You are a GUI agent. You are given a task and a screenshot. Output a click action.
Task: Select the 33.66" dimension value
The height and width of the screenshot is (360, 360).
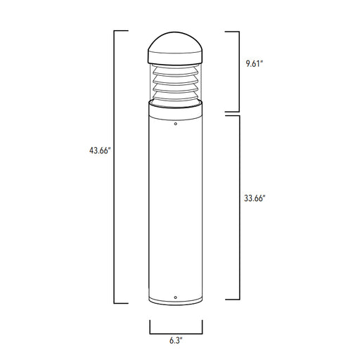255,198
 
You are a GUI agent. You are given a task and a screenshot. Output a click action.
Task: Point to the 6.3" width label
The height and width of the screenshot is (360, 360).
176,340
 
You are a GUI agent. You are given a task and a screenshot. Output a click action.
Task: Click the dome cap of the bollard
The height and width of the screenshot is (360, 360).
175,44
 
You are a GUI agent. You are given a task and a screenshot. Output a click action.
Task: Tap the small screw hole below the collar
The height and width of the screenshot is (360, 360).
175,124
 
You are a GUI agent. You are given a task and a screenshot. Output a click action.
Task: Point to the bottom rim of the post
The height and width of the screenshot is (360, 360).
175,304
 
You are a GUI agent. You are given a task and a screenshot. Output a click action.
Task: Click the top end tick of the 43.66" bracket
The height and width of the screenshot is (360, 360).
121,31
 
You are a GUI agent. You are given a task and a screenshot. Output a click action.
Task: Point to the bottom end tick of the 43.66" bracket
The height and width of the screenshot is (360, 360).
121,303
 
